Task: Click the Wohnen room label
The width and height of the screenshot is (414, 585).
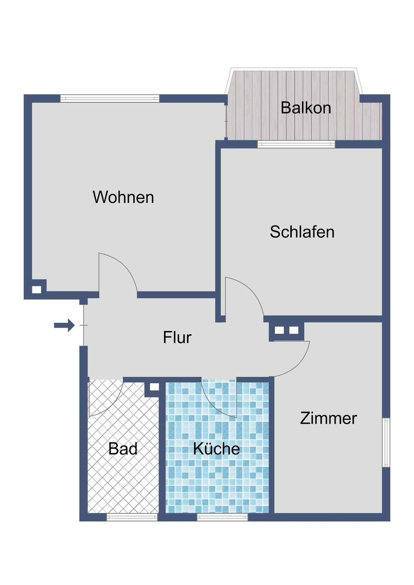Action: tap(123, 197)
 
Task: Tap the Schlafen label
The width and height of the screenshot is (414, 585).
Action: tap(302, 232)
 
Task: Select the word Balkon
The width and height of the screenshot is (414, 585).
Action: tap(306, 108)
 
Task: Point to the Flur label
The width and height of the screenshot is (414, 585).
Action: tap(177, 338)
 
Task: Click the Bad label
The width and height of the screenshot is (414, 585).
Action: tap(123, 449)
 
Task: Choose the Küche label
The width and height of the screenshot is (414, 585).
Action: tap(217, 449)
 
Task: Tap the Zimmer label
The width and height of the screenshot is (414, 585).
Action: tap(328, 418)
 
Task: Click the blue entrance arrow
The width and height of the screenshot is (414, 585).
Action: tap(64, 325)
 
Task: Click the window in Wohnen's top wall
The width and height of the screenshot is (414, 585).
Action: tap(110, 98)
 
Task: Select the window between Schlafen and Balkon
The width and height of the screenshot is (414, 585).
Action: tap(296, 144)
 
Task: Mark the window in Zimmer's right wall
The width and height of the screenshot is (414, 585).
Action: tap(386, 442)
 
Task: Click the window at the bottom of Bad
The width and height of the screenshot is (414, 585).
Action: tap(132, 517)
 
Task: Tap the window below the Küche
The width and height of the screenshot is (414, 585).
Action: tap(222, 517)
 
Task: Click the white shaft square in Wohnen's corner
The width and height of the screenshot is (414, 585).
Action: tap(37, 289)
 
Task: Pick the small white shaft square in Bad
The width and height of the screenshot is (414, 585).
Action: tap(154, 387)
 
